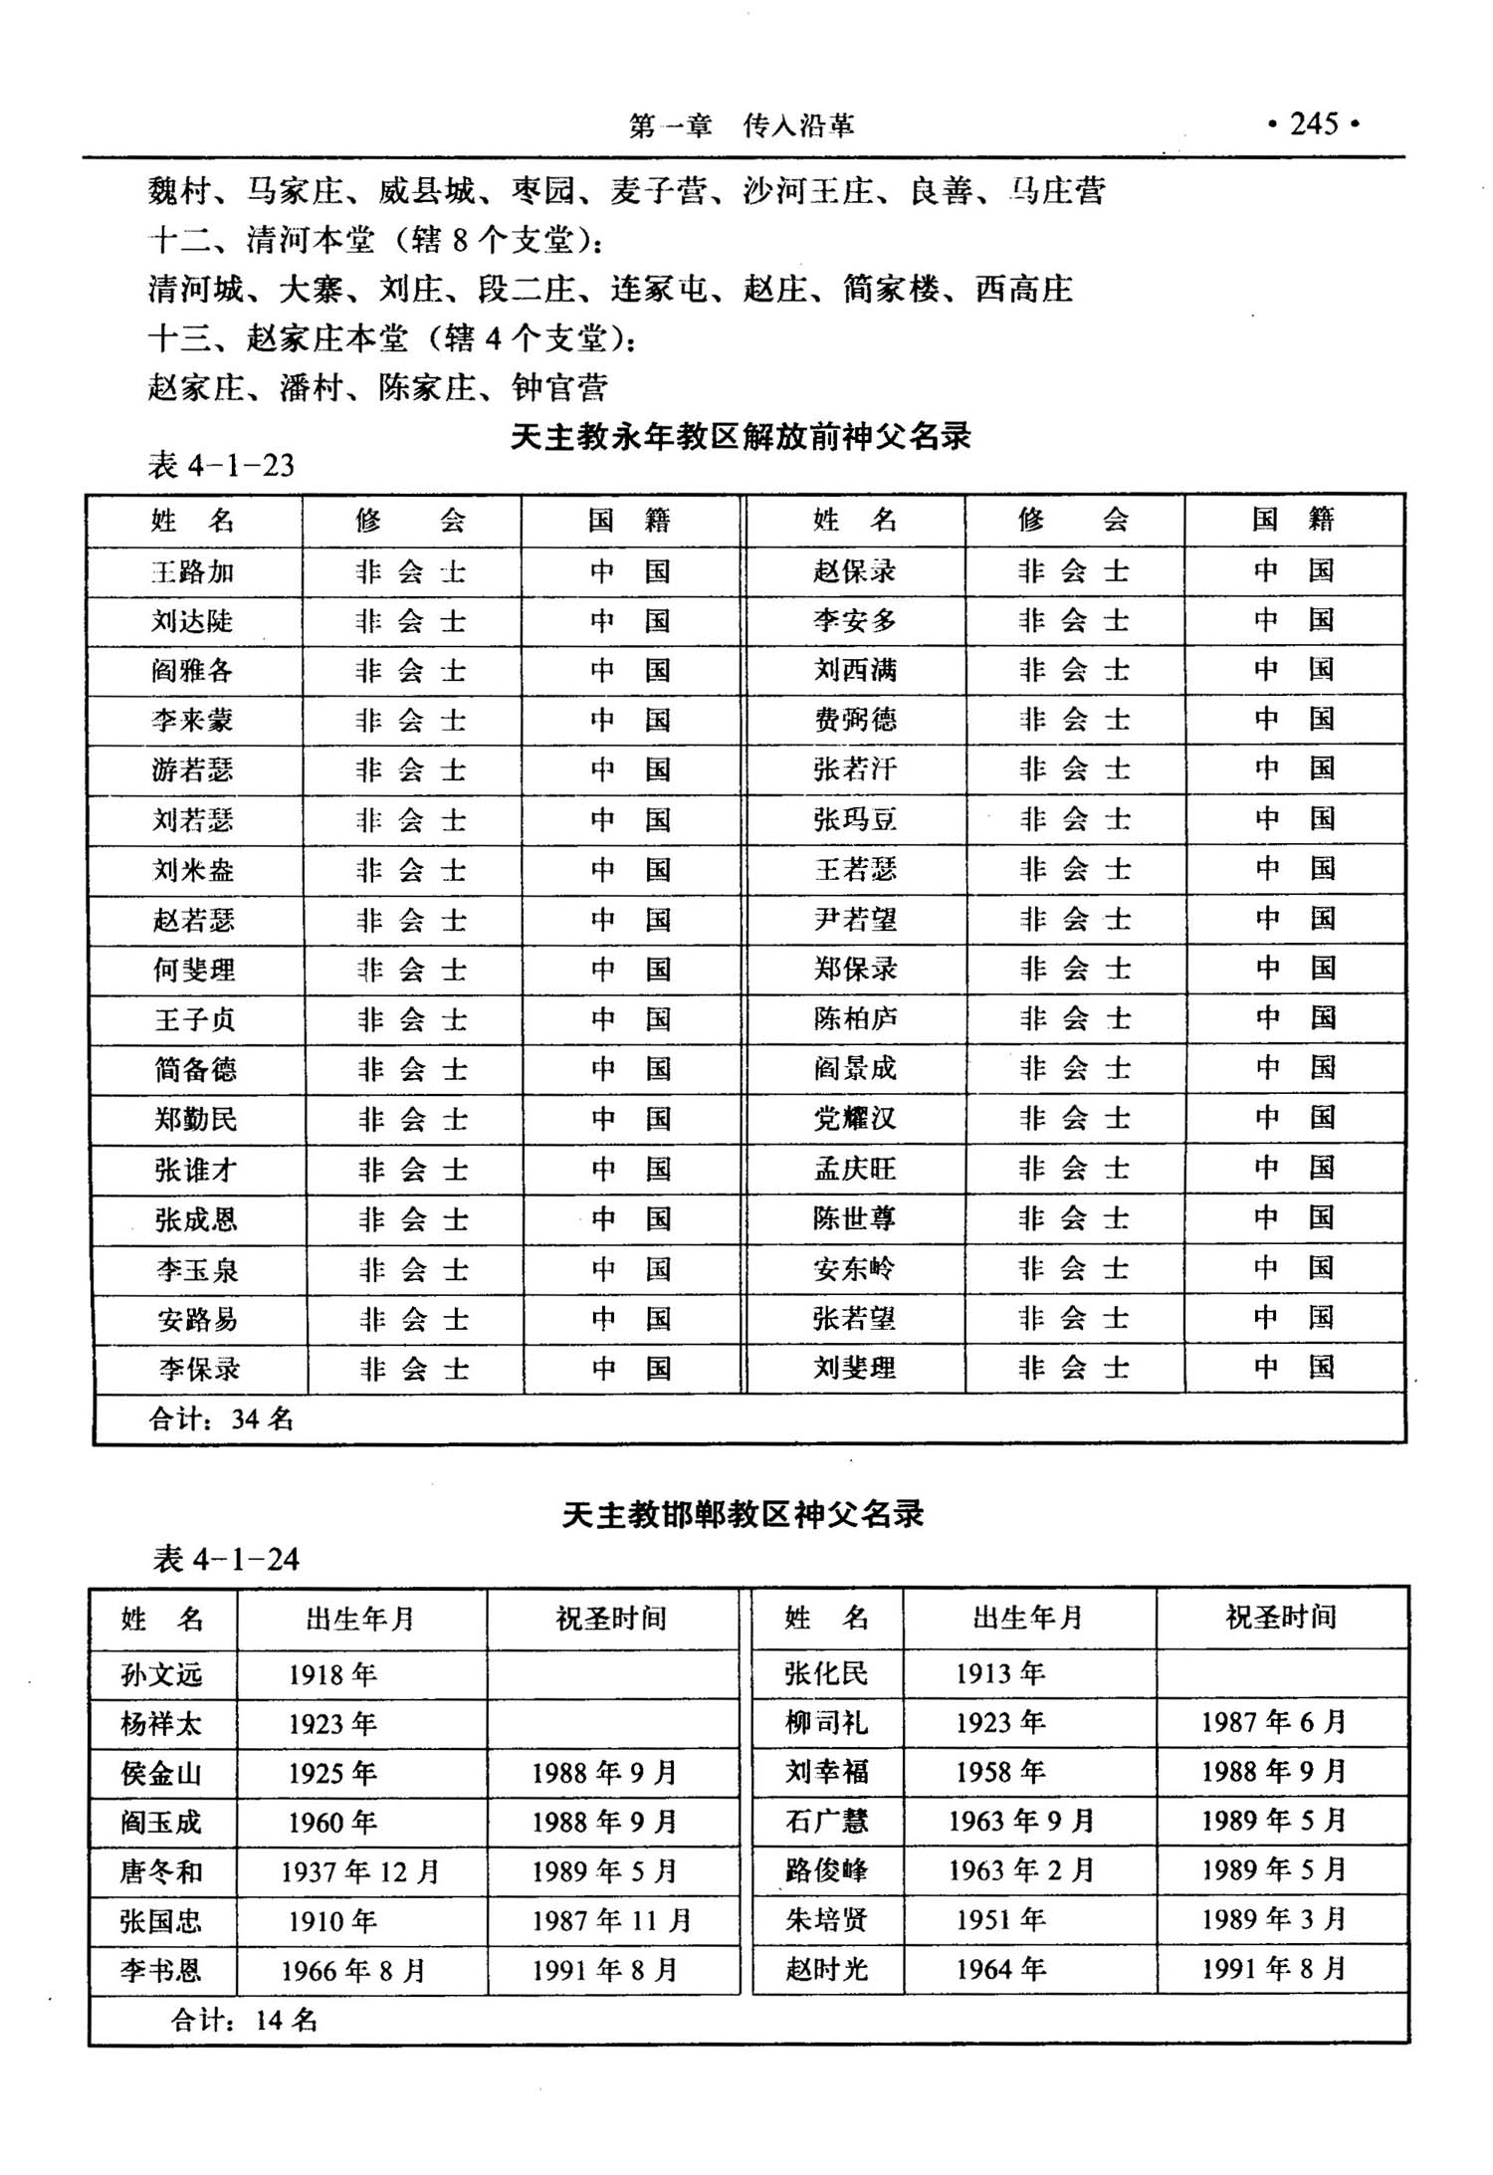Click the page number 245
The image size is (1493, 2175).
[x=1314, y=124]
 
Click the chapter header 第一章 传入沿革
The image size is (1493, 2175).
[x=742, y=126]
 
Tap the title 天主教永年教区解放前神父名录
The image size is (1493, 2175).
[x=741, y=437]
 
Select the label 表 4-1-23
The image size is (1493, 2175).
[x=221, y=466]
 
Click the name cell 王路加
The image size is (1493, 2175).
[x=193, y=572]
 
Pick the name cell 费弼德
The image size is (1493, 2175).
[x=855, y=720]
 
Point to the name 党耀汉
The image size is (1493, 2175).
[x=855, y=1118]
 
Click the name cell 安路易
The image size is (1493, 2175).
[x=197, y=1320]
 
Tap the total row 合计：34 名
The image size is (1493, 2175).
[x=221, y=1418]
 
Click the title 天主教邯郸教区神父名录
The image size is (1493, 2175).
[x=743, y=1514]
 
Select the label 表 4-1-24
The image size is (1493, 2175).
[x=226, y=1559]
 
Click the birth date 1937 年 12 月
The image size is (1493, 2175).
[x=359, y=1872]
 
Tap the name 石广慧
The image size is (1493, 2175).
[x=826, y=1822]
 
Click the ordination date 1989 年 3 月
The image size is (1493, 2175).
[x=1273, y=1919]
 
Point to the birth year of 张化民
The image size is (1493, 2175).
[x=1000, y=1673]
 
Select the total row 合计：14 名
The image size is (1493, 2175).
[x=244, y=2020]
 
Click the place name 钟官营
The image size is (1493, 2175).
[x=559, y=387]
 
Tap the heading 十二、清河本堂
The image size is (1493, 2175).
[x=262, y=240]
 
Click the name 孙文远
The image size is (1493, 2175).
[x=161, y=1674]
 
